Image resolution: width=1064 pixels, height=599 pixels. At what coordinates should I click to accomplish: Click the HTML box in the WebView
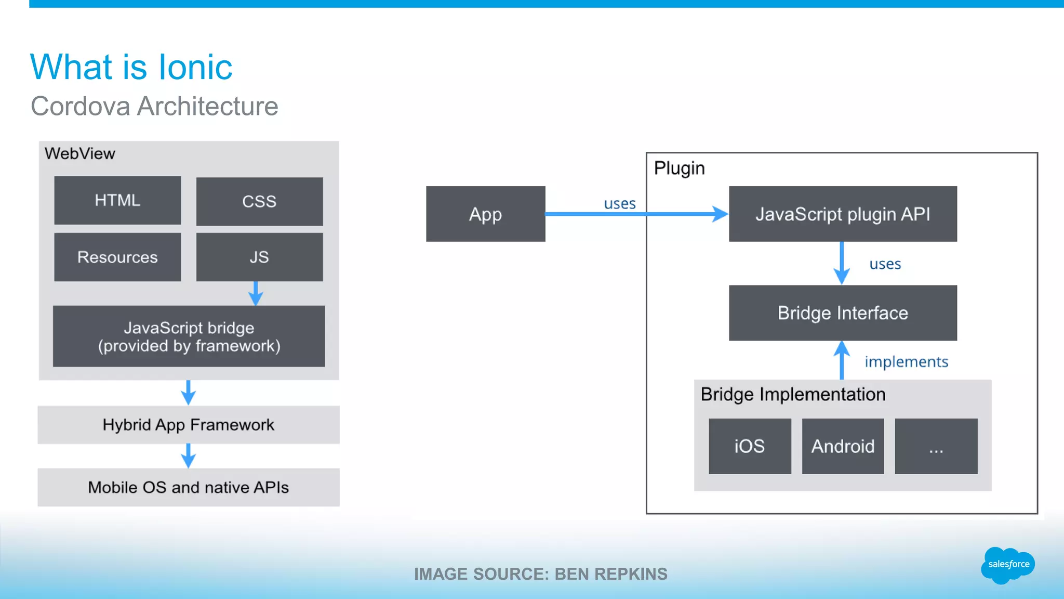click(117, 200)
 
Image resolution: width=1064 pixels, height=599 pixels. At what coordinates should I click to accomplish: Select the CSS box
click(259, 201)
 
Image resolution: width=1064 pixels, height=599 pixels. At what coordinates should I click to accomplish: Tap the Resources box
click(117, 257)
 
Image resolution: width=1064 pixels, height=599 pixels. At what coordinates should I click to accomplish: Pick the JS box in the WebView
click(259, 257)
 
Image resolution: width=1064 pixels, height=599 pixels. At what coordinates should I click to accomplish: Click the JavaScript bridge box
click(189, 336)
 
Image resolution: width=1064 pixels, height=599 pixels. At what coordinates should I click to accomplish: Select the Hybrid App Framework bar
click(189, 425)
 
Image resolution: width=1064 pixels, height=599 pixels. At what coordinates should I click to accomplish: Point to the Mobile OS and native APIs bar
click(189, 487)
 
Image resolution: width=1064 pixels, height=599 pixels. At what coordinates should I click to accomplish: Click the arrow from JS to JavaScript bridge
click(256, 294)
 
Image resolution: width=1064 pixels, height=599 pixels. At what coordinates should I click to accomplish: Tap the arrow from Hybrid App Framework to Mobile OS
click(189, 456)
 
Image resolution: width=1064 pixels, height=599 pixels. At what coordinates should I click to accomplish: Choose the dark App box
click(485, 214)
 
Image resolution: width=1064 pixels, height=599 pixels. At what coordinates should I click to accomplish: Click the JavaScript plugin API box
click(843, 214)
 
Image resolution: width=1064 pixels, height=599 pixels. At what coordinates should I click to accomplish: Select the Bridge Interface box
click(843, 313)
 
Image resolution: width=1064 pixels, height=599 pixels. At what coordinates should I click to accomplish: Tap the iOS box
click(750, 446)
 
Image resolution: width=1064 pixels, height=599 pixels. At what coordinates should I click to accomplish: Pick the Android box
click(843, 446)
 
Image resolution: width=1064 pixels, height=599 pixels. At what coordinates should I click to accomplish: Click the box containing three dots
click(936, 446)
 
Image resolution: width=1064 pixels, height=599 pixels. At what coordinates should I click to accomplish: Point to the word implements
click(906, 362)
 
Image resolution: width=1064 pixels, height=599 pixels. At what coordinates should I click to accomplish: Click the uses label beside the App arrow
click(620, 203)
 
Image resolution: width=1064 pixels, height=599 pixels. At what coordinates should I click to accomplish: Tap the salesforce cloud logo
click(1008, 565)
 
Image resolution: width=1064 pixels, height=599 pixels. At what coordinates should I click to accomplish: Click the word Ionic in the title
click(195, 68)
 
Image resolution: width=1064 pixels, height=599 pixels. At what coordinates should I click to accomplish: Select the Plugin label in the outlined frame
click(679, 168)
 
